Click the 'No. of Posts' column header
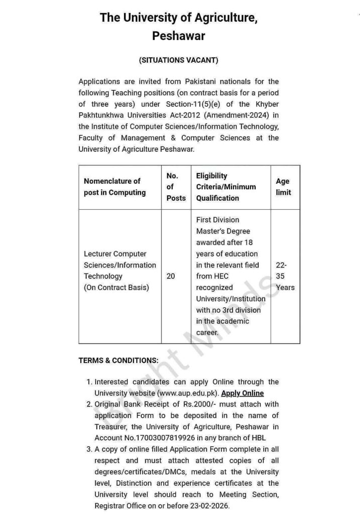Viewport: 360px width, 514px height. tap(176, 187)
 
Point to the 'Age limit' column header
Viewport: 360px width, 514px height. tap(283, 187)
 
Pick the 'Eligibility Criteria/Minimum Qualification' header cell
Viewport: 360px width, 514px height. tap(226, 187)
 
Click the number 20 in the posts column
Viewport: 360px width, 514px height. tap(171, 276)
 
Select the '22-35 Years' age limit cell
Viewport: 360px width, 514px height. tap(285, 276)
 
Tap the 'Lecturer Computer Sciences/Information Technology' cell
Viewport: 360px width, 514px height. tap(120, 271)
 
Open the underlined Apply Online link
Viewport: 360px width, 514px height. tap(243, 393)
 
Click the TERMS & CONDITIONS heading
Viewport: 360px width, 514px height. tap(118, 360)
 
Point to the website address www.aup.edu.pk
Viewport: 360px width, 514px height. tap(188, 393)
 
